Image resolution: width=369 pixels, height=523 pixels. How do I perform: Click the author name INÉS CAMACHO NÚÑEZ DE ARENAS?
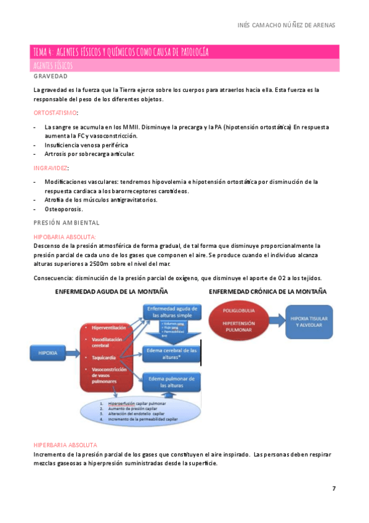pos(286,25)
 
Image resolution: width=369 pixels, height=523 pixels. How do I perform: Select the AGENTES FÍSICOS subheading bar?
pos(185,65)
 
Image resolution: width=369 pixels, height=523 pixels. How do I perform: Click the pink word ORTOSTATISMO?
pos(55,113)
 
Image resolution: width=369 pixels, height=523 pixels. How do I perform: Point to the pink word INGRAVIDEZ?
pos(51,168)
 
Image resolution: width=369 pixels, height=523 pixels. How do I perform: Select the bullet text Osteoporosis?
pos(64,209)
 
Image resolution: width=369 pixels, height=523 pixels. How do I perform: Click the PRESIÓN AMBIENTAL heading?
pos(67,222)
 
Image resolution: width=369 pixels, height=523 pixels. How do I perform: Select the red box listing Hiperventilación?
pos(107,355)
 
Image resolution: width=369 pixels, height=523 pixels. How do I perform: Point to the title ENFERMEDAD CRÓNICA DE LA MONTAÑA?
pos(268,291)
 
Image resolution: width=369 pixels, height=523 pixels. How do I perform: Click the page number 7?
pos(334,488)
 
